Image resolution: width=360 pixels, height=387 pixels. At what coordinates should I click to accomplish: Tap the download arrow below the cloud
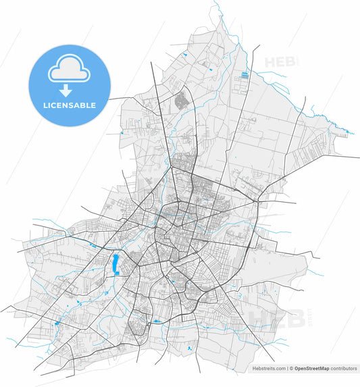(66, 90)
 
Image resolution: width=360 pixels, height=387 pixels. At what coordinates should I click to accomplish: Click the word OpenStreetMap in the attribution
(311, 369)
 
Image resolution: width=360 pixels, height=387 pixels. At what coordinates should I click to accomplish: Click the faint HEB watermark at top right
(281, 62)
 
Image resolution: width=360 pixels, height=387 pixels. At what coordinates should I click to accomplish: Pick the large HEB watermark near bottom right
(277, 315)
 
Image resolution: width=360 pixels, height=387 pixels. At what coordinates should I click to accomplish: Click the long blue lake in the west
(115, 263)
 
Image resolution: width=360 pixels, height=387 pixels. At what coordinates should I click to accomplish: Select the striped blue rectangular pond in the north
(244, 74)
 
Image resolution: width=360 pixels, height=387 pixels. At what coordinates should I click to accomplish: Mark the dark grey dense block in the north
(180, 102)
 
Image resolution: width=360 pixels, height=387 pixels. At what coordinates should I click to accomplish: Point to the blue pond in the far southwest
(57, 324)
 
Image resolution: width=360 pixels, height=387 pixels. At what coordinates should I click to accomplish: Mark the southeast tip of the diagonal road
(274, 362)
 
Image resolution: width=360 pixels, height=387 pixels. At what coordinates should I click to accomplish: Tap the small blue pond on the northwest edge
(121, 133)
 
